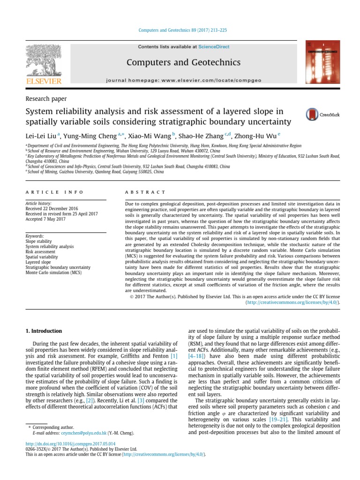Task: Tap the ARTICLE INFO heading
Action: coord(54,192)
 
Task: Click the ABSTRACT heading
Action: coord(145,192)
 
